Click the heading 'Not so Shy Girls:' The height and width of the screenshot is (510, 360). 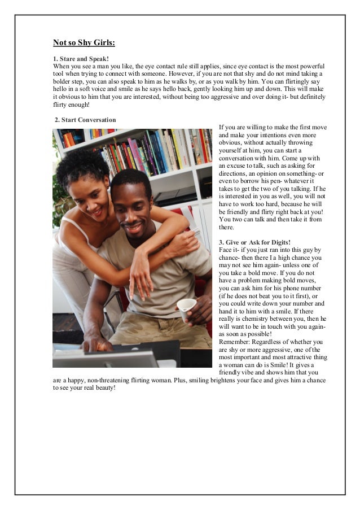(84, 42)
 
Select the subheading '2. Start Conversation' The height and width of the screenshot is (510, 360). (85, 120)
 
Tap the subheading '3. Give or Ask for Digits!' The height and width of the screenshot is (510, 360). (254, 242)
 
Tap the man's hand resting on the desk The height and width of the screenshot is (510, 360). (96, 344)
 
